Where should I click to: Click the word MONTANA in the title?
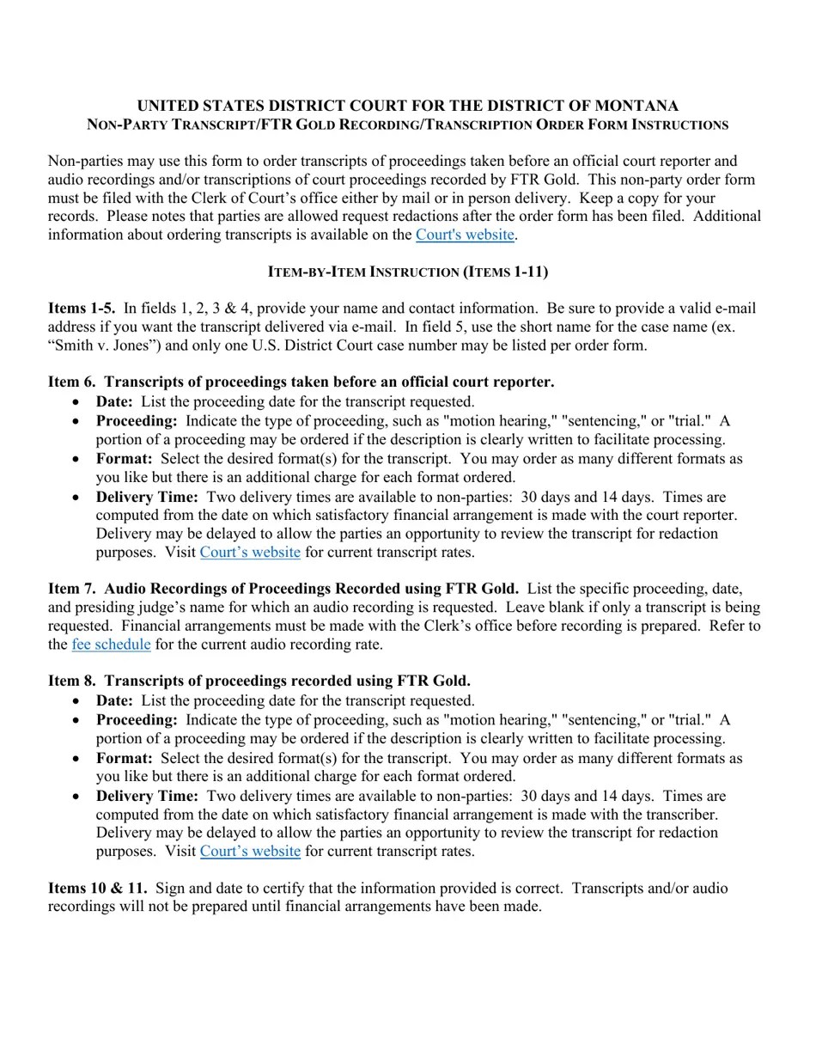point(636,106)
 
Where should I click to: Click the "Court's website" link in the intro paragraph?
point(464,235)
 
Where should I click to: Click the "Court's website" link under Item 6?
point(250,553)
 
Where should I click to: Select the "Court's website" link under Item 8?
point(250,852)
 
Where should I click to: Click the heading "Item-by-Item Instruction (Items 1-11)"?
point(408,272)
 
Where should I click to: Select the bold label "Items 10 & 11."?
point(97,888)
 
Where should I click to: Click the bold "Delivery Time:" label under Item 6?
point(147,497)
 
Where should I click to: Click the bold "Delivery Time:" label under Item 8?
point(147,796)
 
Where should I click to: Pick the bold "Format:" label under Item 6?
point(124,459)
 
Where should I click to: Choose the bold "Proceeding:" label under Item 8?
point(137,720)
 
